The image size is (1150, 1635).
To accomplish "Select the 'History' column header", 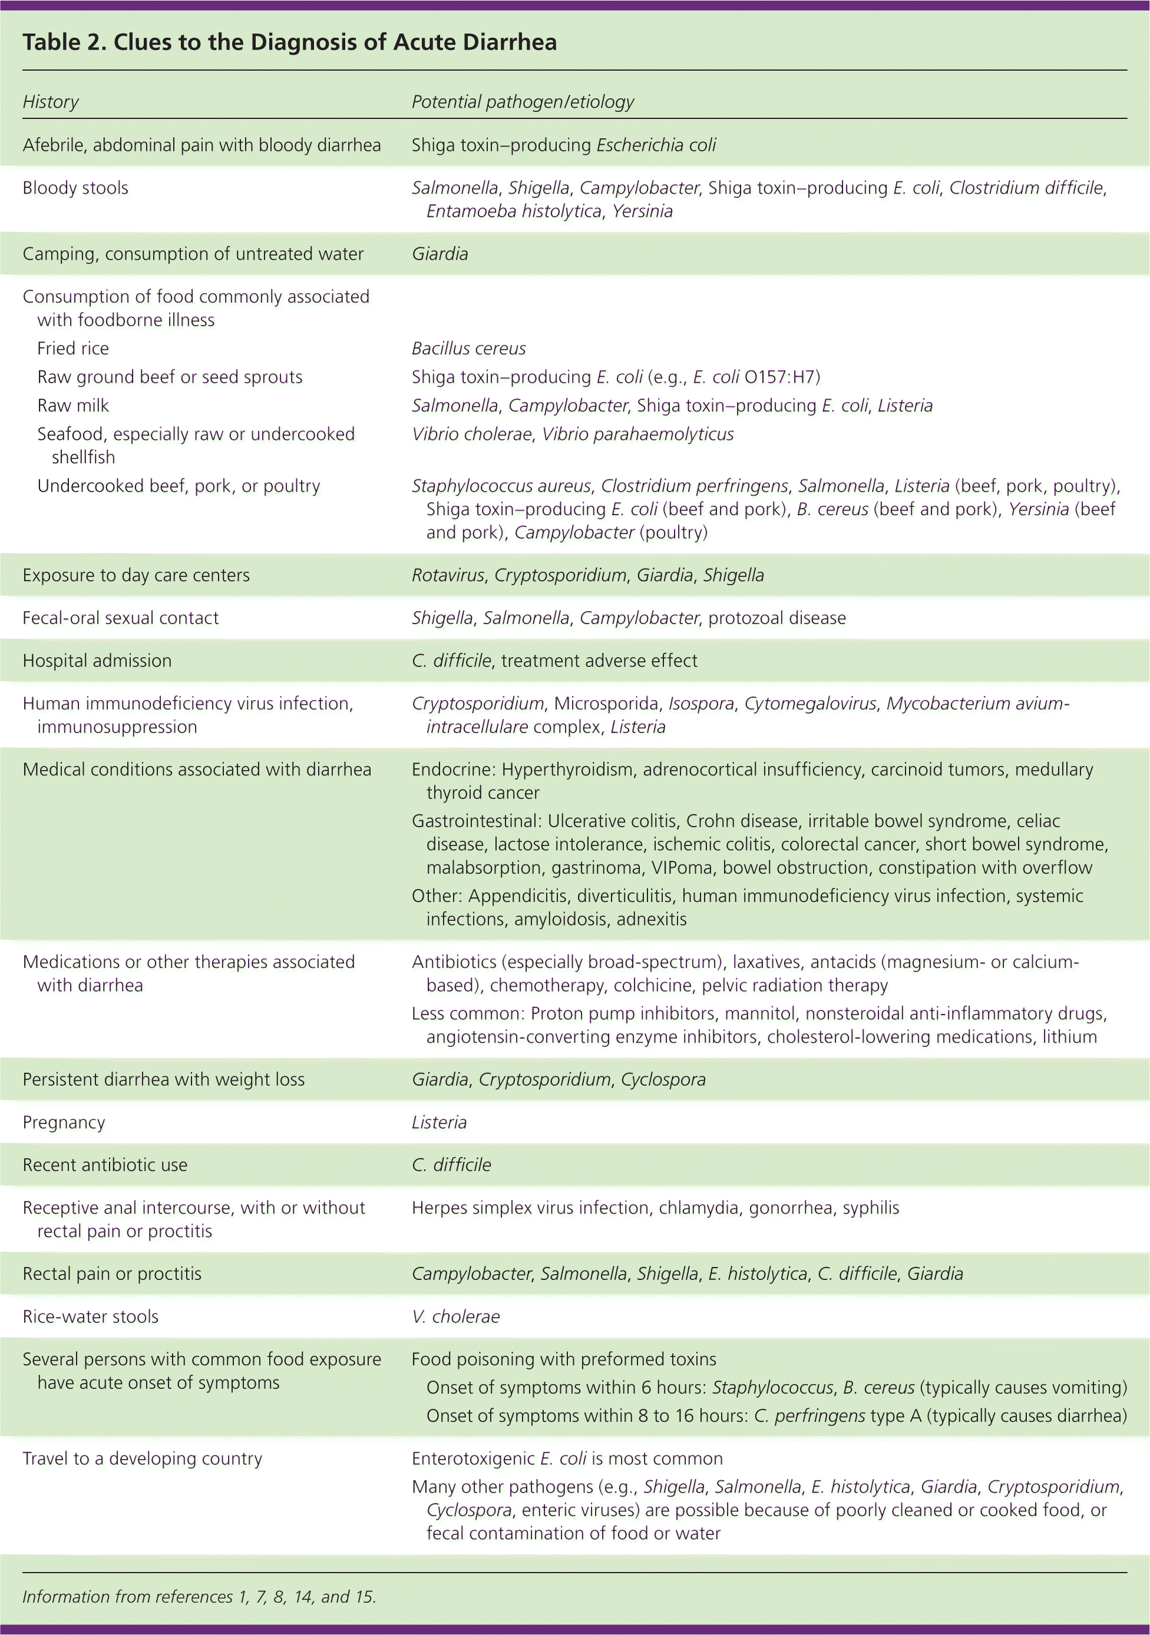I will click(x=51, y=102).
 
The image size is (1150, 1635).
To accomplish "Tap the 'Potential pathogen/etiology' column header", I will click(x=523, y=102).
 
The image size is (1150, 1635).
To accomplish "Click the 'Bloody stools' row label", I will click(x=75, y=188).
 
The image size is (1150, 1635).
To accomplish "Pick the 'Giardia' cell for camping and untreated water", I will click(x=439, y=254).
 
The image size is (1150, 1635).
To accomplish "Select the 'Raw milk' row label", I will click(x=72, y=406).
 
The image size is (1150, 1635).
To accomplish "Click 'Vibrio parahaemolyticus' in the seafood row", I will click(x=637, y=435).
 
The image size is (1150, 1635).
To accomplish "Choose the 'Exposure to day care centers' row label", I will click(x=136, y=575).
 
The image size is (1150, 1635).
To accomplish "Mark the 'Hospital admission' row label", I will click(x=97, y=661).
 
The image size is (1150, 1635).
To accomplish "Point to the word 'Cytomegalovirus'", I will click(x=810, y=704).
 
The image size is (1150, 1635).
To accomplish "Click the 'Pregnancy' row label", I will click(x=64, y=1123).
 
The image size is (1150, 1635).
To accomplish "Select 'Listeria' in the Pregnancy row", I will click(x=439, y=1123).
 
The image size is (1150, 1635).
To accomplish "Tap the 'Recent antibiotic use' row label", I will click(x=105, y=1166).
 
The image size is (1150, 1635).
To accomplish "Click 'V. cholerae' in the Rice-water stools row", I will click(x=455, y=1316).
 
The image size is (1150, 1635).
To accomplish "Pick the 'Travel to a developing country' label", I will click(x=143, y=1459).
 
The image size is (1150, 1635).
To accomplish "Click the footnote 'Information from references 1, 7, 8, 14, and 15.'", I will click(x=199, y=1597).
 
